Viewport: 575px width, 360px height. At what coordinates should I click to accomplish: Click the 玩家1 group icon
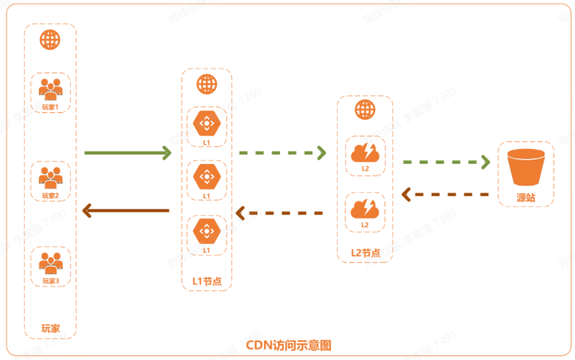(50, 88)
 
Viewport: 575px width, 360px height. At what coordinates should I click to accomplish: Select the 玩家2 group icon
(50, 177)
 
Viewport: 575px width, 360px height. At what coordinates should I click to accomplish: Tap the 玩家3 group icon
(50, 262)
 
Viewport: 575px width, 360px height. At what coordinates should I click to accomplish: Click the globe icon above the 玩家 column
(50, 40)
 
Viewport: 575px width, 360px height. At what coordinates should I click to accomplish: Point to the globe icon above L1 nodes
(206, 84)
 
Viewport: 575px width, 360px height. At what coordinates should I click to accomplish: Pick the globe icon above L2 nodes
(364, 110)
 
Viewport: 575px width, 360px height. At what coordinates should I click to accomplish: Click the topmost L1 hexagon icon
(206, 123)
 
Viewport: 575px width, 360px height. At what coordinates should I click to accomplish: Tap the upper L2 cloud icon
(364, 152)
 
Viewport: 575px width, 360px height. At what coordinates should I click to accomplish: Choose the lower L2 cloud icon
(364, 208)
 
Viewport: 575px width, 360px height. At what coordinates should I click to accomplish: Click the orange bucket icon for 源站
(526, 167)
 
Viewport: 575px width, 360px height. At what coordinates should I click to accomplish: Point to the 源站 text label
(526, 197)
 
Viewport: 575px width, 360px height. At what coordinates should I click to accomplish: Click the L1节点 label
(206, 281)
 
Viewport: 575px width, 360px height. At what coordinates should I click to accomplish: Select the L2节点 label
(364, 252)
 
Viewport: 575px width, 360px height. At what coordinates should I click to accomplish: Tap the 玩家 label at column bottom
(50, 328)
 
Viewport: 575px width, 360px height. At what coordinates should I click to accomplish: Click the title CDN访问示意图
(288, 344)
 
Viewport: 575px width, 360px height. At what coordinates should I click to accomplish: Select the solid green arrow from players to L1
(127, 153)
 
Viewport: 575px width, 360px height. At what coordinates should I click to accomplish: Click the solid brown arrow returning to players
(126, 210)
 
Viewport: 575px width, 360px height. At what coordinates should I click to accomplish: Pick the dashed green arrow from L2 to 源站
(446, 162)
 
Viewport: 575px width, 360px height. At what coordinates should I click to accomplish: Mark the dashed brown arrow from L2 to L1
(279, 212)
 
